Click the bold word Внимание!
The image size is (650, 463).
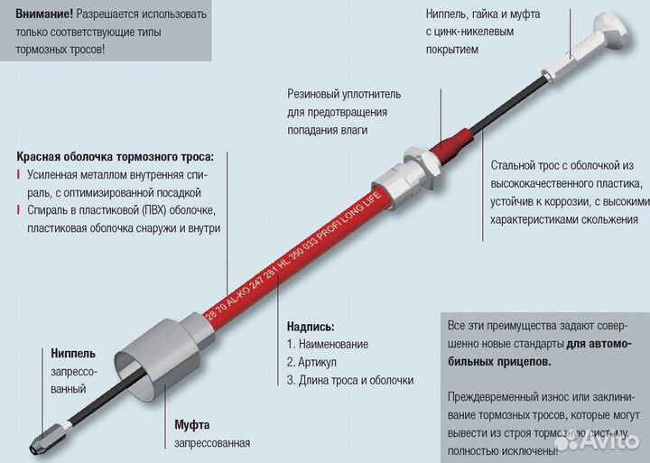point(44,14)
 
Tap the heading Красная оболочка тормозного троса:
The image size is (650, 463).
point(120,156)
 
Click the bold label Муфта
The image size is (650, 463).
point(192,424)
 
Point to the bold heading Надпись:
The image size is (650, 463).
point(311,326)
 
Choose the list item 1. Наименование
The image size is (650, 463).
point(327,344)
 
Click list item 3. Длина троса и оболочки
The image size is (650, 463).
point(352,380)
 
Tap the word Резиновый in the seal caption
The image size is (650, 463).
point(317,94)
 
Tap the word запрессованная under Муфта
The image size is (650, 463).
point(212,443)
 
